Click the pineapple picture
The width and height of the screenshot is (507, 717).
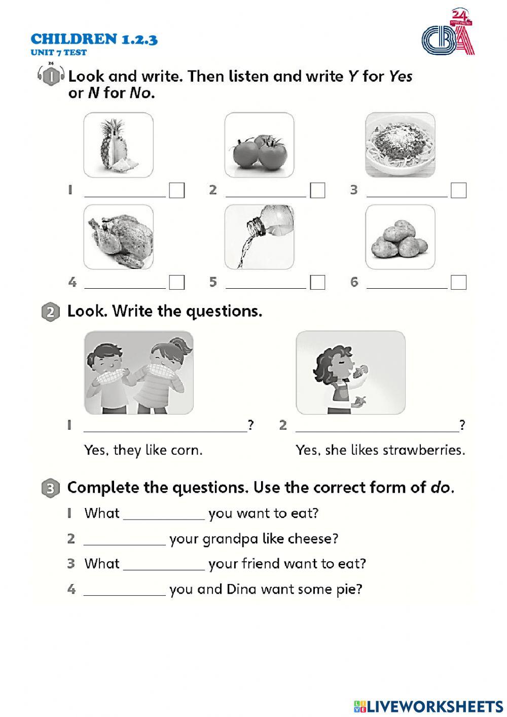tap(118, 145)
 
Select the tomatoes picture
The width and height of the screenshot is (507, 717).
tap(259, 145)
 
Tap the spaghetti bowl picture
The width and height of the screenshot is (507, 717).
tap(400, 145)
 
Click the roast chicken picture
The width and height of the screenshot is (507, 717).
tap(118, 237)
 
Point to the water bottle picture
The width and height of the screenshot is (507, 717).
tap(259, 237)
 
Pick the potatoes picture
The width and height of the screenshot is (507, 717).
tap(400, 237)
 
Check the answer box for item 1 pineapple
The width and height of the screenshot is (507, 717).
tap(177, 190)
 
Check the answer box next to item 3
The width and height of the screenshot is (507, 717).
tap(458, 190)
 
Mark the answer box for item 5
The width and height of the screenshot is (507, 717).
tap(317, 282)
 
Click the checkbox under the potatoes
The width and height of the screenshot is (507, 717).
tap(458, 282)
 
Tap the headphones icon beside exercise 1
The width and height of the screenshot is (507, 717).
tap(50, 76)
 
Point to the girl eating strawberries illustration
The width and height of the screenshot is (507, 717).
tap(350, 372)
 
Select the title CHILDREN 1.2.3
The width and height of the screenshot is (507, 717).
tap(94, 39)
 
